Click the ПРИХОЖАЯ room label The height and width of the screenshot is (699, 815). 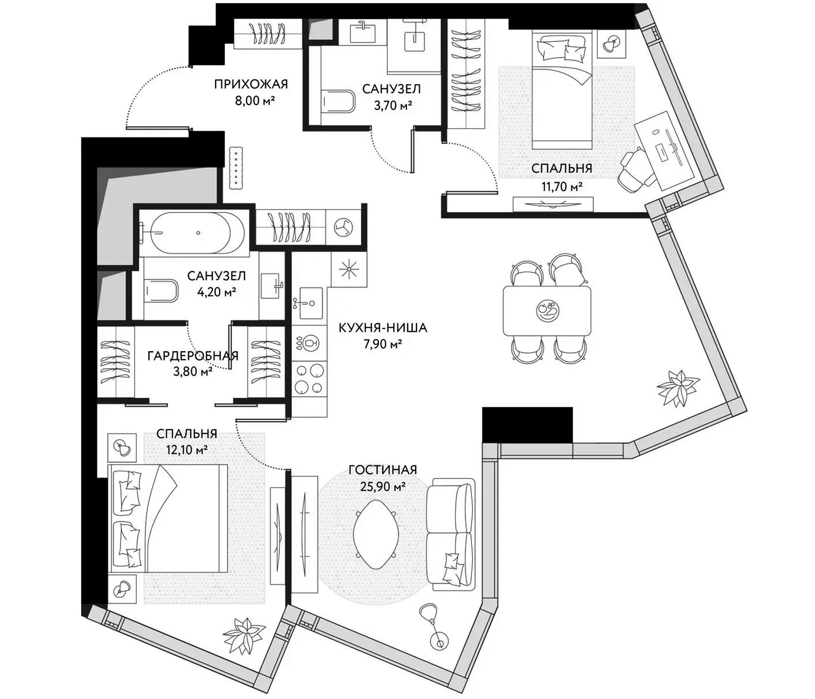pos(251,84)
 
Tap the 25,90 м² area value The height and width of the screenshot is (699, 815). pos(383,487)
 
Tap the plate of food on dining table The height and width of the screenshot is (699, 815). pos(547,310)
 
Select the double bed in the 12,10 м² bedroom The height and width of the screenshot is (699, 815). pos(169,518)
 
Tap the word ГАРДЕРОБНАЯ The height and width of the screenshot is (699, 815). pos(193,356)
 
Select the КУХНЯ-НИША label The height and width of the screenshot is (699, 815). pos(382,327)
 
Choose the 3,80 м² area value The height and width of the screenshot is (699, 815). pos(193,372)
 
